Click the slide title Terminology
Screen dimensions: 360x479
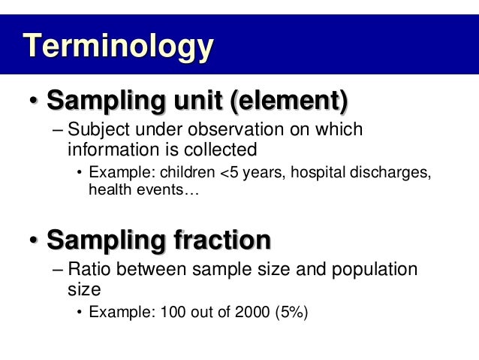tap(118, 46)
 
